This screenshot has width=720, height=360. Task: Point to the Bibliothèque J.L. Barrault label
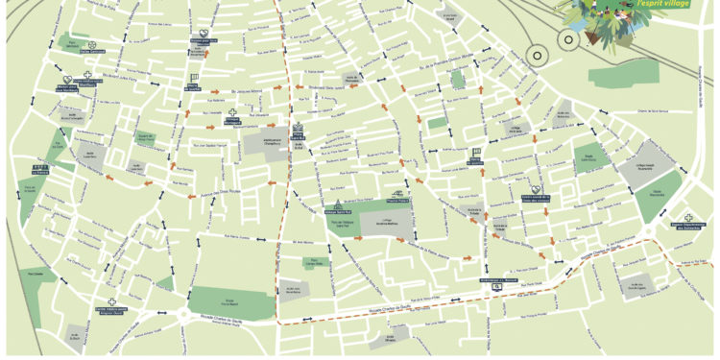click(495, 280)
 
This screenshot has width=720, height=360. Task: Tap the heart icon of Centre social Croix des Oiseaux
click(537, 189)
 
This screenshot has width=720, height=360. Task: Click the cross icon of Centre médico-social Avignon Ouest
click(112, 275)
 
